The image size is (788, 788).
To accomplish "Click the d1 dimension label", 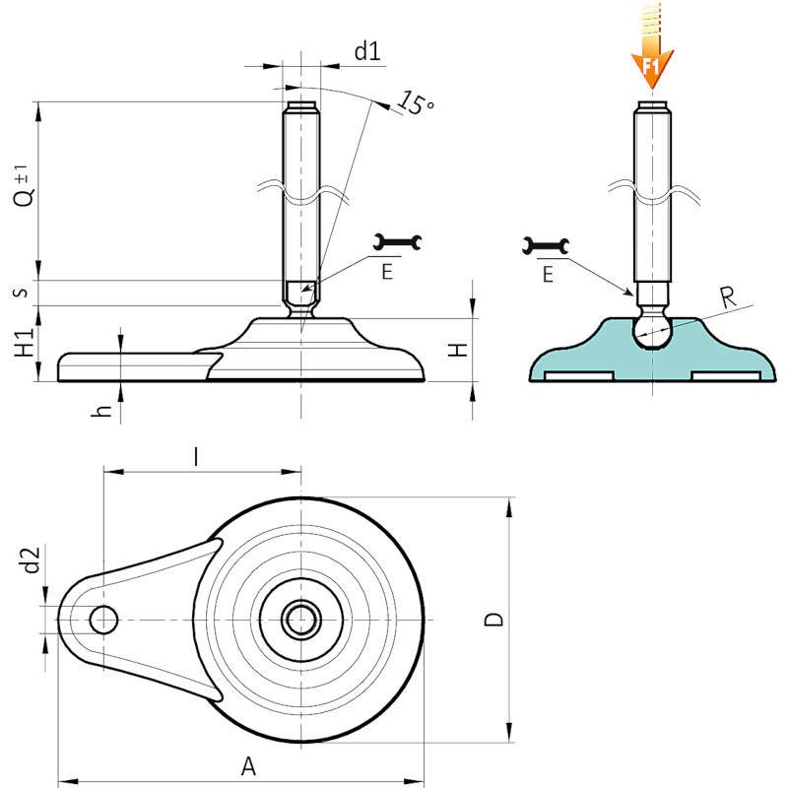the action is pos(367,51).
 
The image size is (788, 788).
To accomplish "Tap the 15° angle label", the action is pos(416,103).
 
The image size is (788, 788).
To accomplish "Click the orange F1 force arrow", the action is pos(652,45).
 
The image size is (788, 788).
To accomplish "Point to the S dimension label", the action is pos(23,293).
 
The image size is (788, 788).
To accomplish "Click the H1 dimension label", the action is pos(24,342).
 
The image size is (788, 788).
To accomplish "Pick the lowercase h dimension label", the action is pos(102,411).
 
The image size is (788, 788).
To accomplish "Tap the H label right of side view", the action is pos(458,350).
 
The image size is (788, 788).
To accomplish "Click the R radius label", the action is pos(728,297).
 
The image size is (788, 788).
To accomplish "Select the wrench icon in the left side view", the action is pos(398,242).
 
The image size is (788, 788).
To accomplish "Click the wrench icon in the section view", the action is pos(546,245).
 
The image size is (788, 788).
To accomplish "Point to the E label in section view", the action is pos(548,275).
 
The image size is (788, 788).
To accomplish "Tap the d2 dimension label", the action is pos(32,559).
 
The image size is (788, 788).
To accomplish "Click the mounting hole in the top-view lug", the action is pos(103,620).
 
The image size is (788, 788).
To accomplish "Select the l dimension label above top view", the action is pos(196,457).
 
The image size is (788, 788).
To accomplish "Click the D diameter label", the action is pos(493,620).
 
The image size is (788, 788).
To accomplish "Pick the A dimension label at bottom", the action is pos(248,766).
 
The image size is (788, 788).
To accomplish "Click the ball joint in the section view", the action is pos(652,330).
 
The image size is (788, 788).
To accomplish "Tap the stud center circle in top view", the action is pos(301,620).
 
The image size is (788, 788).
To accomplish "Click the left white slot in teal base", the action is pos(579,376).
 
